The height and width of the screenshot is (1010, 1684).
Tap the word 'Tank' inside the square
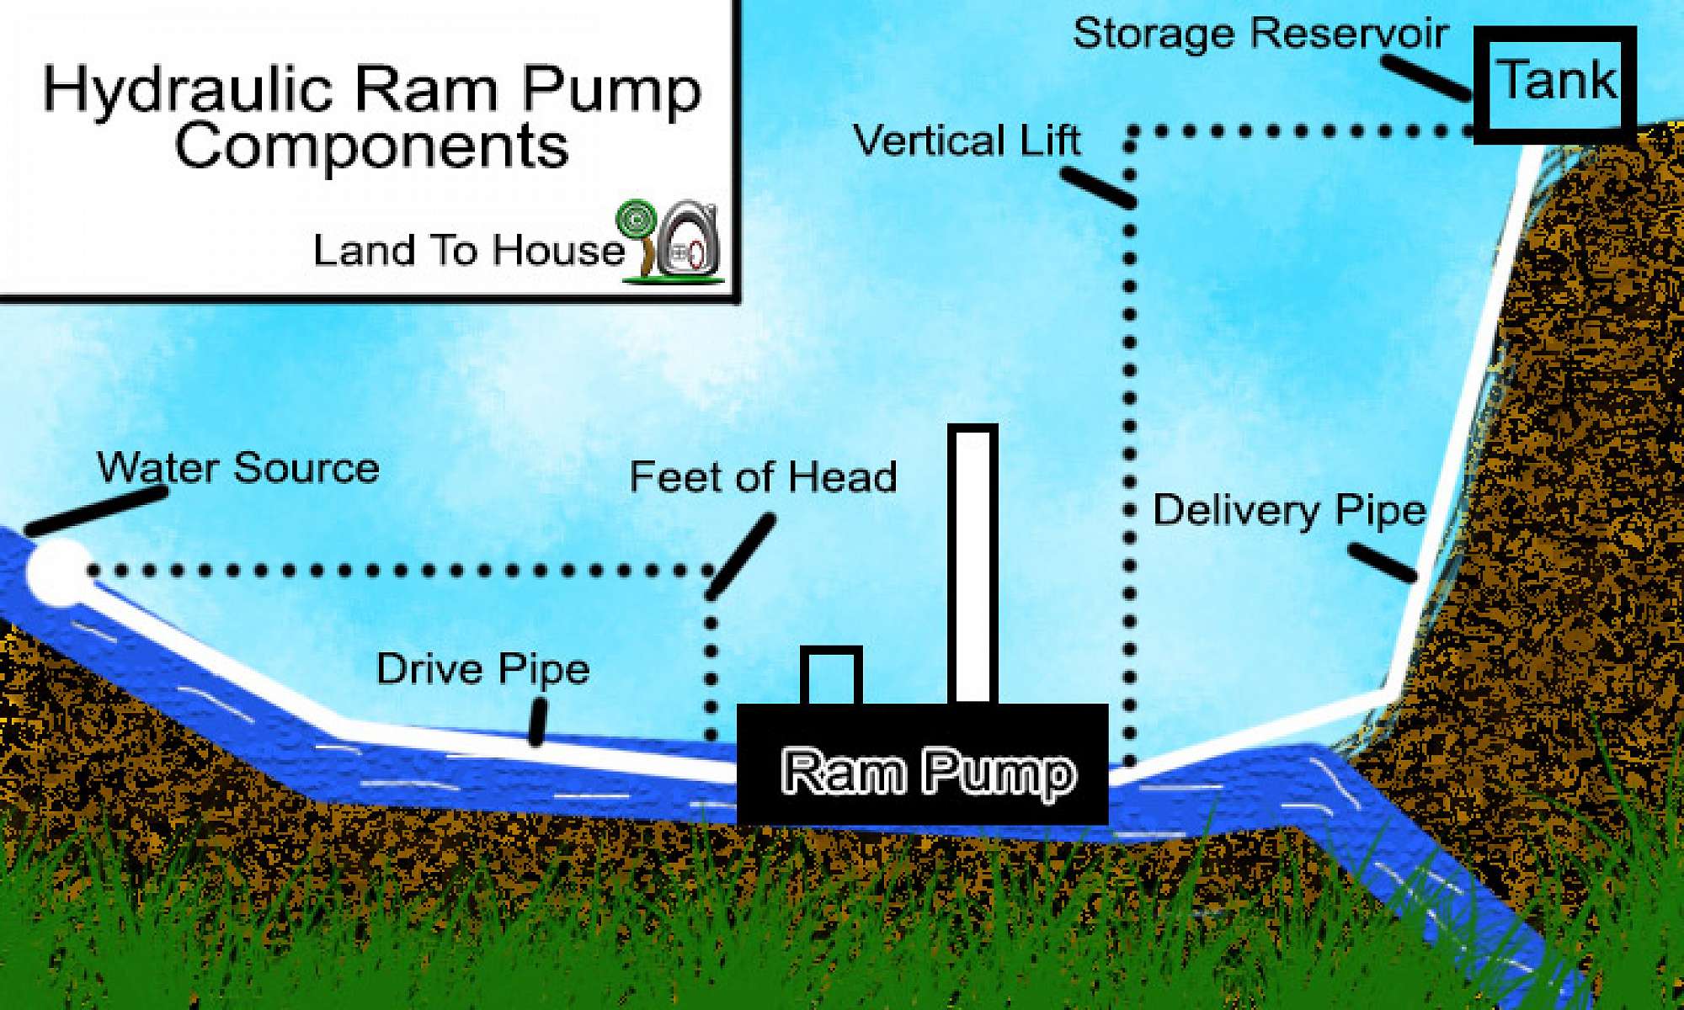(1555, 82)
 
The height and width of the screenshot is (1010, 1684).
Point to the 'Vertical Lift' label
(967, 141)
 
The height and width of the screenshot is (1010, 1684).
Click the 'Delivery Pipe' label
(1289, 511)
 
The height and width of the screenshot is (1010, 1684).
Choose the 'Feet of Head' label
(763, 477)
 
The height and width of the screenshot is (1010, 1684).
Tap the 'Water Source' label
(238, 468)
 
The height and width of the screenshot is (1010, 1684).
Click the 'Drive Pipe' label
(482, 670)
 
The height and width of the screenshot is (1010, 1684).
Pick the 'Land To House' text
(468, 251)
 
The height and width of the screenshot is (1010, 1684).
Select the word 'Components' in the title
(371, 146)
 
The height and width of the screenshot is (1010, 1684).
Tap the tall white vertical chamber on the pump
(973, 564)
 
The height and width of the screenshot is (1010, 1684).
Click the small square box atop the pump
(831, 676)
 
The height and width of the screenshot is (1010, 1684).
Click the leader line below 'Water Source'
(95, 512)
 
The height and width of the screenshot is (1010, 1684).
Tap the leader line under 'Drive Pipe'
(536, 723)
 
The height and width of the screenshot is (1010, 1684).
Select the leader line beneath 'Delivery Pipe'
(1382, 562)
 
